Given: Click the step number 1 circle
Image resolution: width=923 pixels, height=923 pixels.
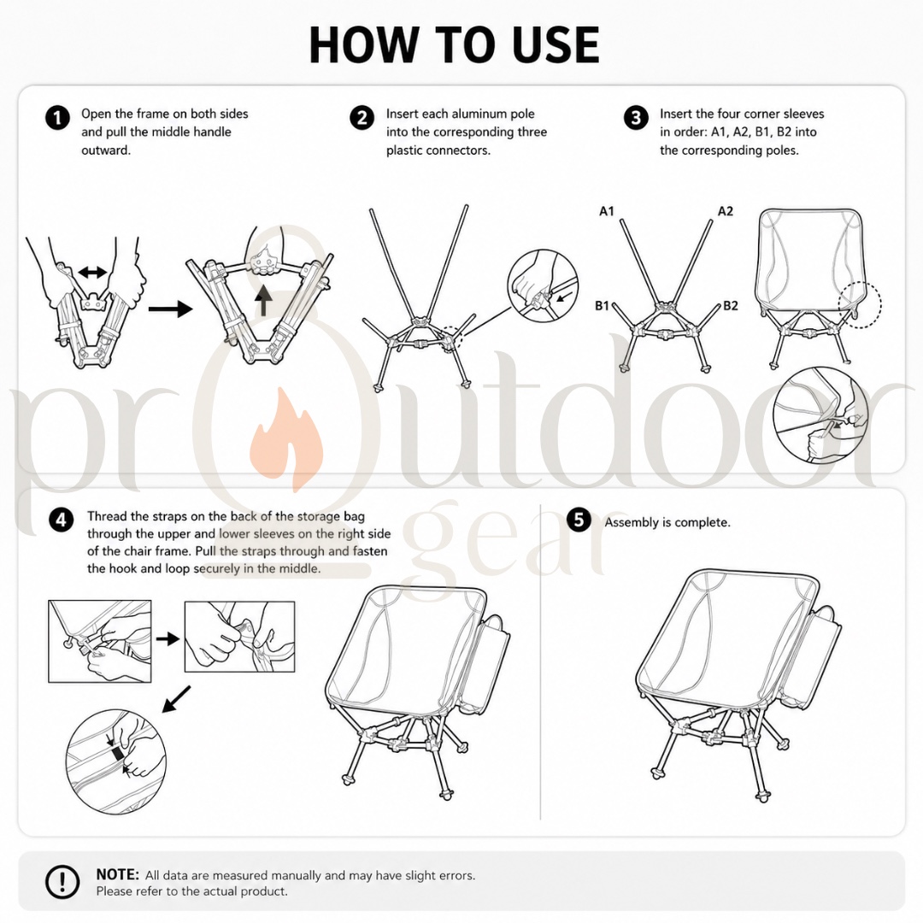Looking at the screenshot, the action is click(58, 118).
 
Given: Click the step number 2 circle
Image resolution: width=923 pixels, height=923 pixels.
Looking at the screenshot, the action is click(362, 118).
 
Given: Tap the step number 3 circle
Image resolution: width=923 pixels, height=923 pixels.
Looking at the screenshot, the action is click(636, 118).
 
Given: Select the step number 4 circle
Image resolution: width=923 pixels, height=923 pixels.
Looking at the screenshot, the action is click(62, 520).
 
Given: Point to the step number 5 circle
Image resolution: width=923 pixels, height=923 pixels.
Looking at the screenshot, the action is click(579, 520).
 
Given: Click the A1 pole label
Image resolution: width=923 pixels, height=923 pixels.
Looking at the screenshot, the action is click(606, 211).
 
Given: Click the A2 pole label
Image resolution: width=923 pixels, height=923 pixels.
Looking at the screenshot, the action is click(726, 211).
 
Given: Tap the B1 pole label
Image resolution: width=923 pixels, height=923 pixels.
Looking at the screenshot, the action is click(602, 305).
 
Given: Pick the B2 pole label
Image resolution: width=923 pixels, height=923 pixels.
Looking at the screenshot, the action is click(730, 305).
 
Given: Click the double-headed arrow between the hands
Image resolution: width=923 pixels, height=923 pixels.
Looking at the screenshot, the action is click(92, 272).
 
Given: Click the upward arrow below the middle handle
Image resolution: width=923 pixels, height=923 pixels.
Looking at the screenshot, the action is click(263, 300).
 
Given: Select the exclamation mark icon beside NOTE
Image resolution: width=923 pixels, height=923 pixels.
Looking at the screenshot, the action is click(62, 882).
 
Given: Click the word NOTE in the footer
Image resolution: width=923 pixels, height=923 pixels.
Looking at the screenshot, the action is click(117, 875).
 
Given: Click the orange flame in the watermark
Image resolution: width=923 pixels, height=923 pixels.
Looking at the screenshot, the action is click(286, 438).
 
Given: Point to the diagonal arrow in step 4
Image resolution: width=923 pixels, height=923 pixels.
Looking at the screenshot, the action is click(176, 699).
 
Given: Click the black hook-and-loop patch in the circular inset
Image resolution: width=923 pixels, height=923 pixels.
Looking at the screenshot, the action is click(116, 753).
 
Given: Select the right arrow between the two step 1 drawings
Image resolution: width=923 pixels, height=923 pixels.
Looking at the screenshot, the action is click(170, 309).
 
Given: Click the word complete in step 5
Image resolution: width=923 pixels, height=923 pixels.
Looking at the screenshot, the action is click(703, 523).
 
